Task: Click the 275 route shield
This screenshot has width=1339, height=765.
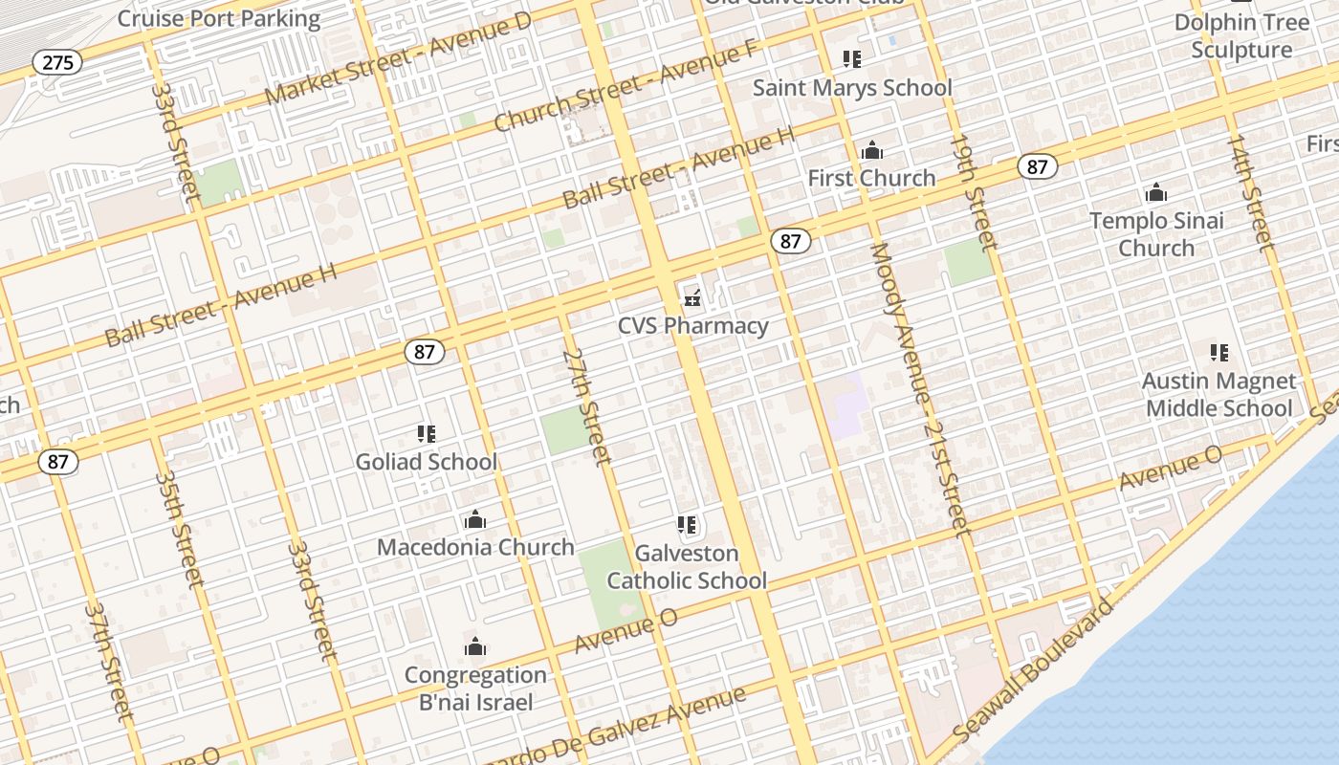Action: pos(57,63)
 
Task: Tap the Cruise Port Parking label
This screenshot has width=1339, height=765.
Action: pos(219,18)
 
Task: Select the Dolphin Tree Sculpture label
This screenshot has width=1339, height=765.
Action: pos(1241,36)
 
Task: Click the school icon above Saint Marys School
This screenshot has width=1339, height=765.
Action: pos(852,59)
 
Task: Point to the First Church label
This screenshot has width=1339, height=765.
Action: pos(871,178)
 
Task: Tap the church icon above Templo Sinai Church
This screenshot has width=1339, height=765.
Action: pos(1156,193)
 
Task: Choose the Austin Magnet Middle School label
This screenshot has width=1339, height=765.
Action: pos(1218,395)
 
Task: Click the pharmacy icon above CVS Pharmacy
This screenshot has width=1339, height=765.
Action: pos(692,298)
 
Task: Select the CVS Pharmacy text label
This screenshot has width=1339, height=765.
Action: pos(692,326)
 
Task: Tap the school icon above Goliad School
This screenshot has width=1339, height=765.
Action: pos(427,434)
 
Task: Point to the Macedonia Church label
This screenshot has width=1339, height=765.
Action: pos(475,547)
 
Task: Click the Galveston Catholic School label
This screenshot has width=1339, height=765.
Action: pos(687,567)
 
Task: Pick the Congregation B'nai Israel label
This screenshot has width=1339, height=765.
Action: pos(475,688)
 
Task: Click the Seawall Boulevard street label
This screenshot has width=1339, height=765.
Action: pos(1034,669)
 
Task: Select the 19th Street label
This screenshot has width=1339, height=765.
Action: pos(974,192)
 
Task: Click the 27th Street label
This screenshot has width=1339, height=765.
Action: pos(586,406)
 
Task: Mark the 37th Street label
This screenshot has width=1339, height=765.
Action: pos(107,659)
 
